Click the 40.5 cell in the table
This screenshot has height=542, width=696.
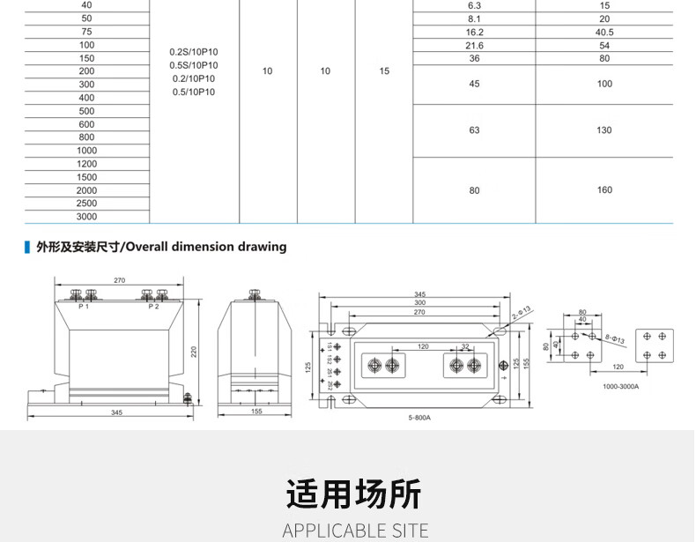604,32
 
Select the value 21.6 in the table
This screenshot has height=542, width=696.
475,46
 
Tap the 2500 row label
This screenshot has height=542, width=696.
86,204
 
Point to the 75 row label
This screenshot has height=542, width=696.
86,32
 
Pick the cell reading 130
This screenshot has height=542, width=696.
604,130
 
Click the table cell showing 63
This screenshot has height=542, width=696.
475,130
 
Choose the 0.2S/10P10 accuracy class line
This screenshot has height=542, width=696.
194,52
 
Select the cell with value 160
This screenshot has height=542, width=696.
604,190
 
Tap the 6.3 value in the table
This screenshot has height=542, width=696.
475,5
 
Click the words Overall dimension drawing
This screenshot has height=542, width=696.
206,247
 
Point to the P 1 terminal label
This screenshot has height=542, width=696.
83,307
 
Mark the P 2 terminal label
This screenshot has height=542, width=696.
153,307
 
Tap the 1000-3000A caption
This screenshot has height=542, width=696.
621,386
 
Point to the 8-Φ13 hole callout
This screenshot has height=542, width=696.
615,338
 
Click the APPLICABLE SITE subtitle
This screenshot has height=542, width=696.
355,531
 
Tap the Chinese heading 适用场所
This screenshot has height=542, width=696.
354,494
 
